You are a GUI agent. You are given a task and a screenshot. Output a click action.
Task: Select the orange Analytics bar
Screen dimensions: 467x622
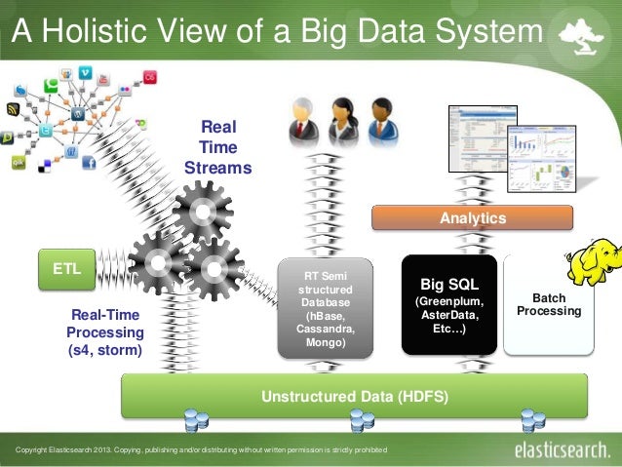point(473,217)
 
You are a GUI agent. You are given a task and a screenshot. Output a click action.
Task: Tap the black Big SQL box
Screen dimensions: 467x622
point(448,305)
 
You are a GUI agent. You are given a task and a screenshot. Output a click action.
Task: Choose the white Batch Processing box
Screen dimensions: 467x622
point(548,303)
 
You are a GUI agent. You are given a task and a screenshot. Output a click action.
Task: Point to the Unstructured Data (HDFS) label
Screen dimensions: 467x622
point(353,396)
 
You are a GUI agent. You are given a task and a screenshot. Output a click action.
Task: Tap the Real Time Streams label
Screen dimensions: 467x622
point(217,147)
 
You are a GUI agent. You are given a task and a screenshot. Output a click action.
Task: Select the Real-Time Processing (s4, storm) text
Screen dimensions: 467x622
point(104,331)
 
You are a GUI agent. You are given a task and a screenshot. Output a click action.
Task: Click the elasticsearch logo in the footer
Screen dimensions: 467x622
point(563,450)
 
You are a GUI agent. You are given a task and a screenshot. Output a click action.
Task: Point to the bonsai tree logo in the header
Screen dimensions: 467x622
point(582,36)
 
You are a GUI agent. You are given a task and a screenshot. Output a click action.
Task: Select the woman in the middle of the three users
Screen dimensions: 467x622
point(342,121)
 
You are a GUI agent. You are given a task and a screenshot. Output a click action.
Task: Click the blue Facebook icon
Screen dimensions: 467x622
point(88,163)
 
